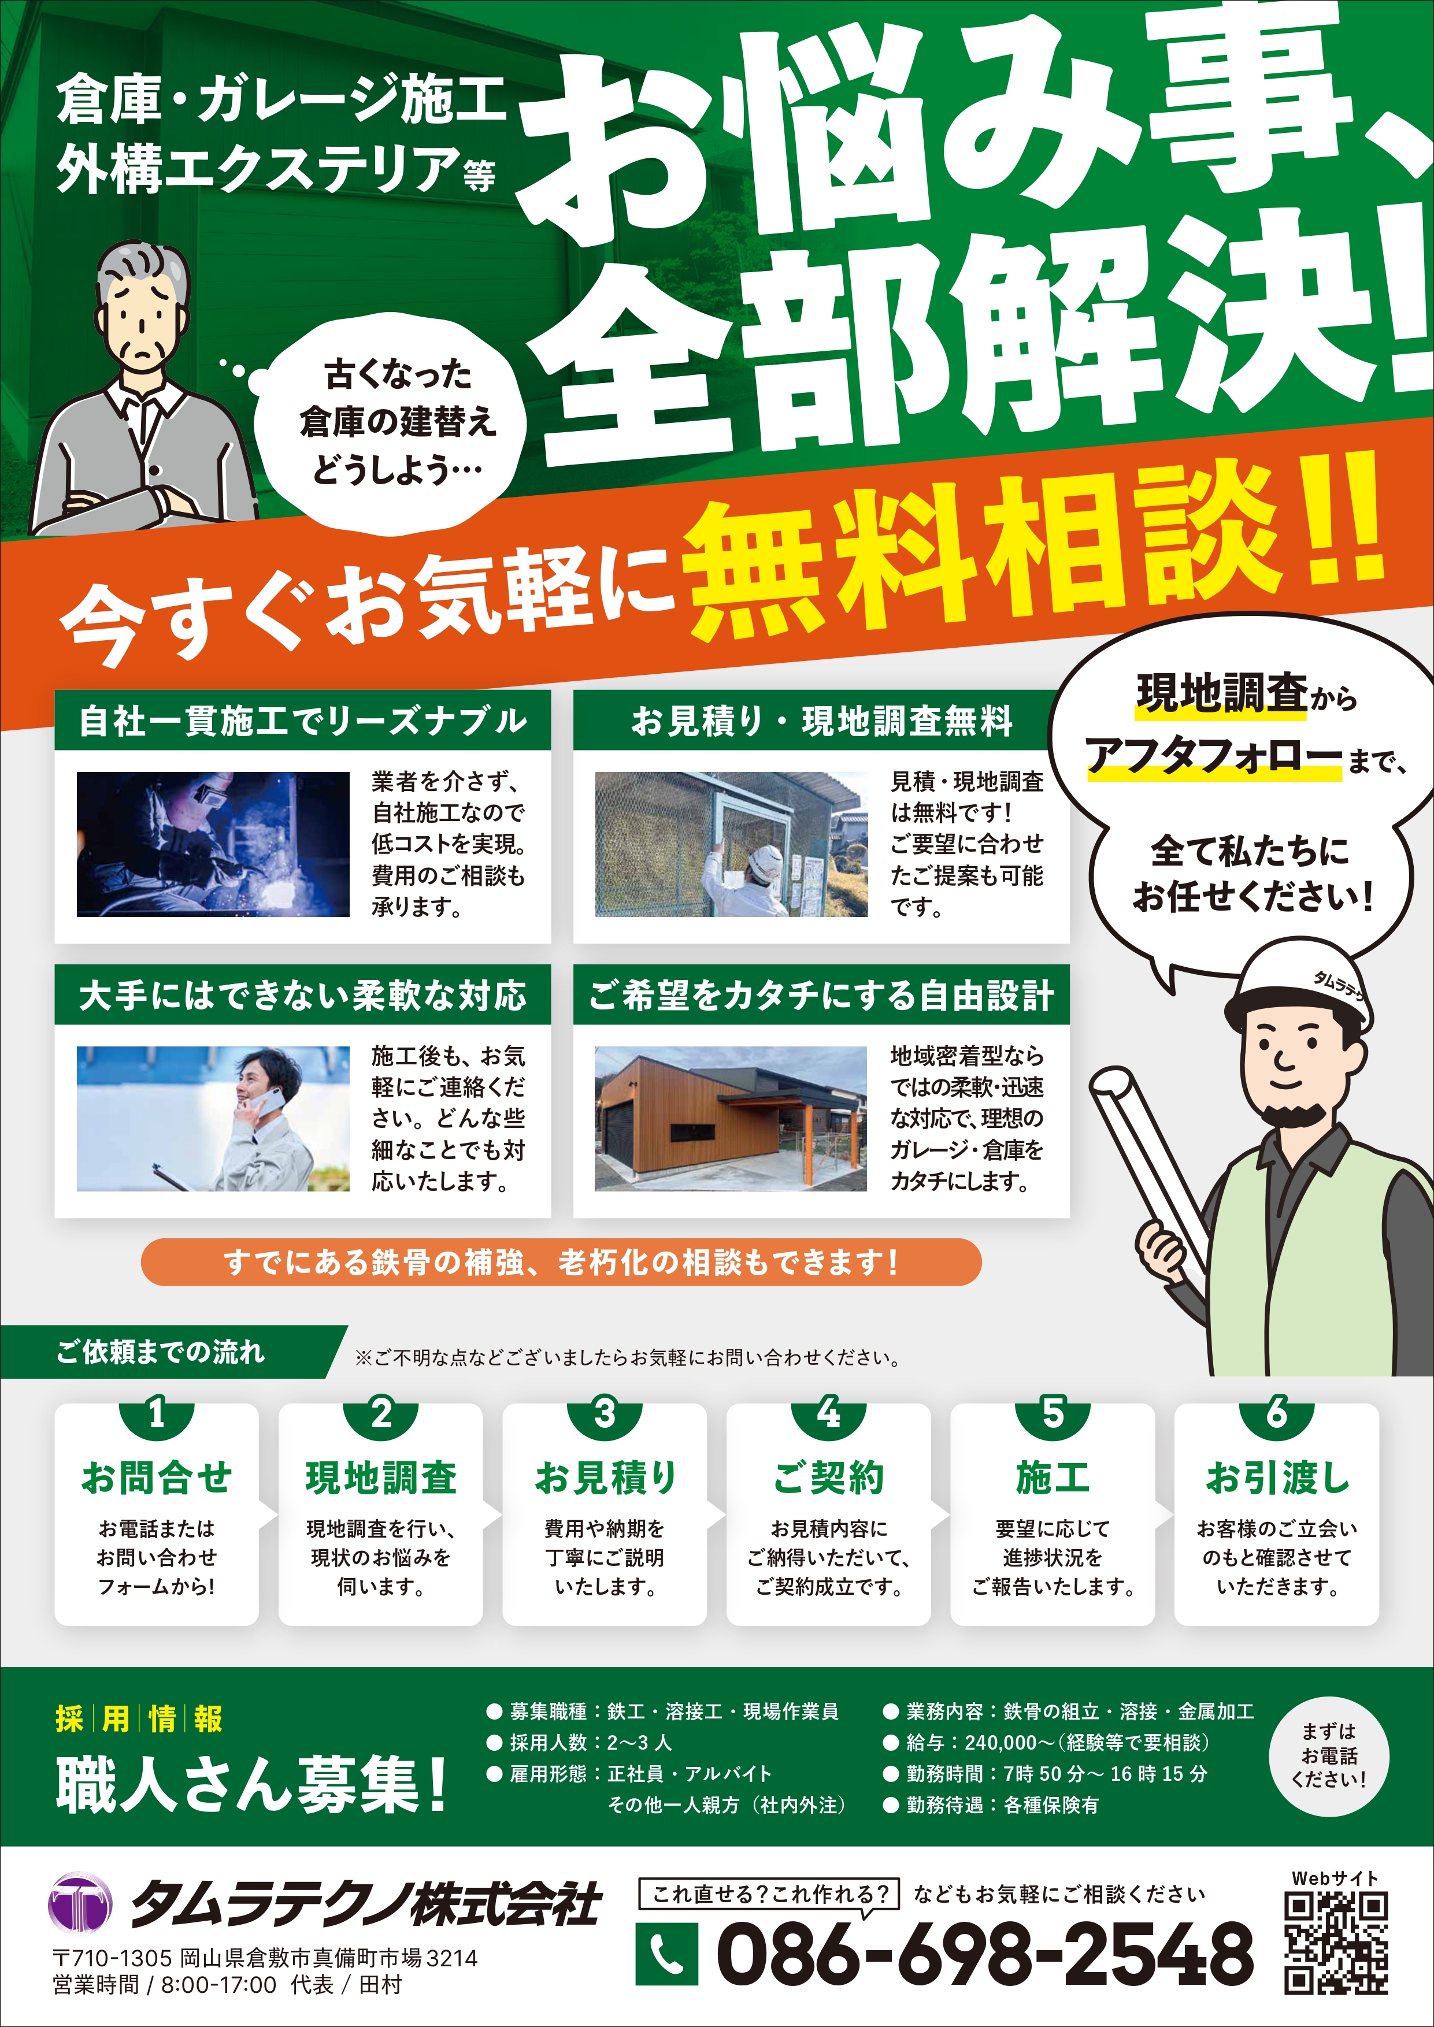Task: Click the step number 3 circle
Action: pos(605,1413)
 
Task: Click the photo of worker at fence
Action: pos(731,844)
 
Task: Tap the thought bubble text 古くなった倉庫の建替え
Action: pos(397,398)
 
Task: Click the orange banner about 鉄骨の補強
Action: pos(561,1261)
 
